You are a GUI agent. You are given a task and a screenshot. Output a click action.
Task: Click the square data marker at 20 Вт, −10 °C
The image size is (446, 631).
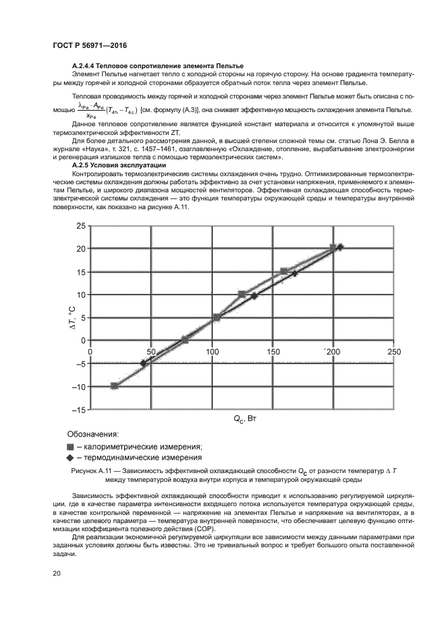click(115, 385)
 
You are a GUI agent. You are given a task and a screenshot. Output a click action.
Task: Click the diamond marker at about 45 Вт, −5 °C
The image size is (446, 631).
click(144, 363)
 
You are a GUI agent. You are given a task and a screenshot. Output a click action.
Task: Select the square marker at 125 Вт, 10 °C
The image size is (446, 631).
click(242, 294)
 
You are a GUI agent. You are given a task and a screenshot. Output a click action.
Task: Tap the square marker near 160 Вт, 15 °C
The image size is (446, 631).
click(284, 271)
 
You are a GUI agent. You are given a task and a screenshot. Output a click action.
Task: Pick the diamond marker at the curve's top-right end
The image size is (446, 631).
click(340, 247)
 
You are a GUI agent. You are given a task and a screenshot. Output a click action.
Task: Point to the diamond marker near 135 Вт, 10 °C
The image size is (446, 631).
click(254, 296)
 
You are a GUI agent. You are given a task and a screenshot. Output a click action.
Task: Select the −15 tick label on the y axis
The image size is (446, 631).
click(78, 410)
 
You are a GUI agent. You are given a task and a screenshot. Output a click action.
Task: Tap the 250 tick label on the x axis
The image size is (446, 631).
click(393, 352)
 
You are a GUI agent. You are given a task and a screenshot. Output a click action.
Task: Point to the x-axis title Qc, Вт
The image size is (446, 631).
click(245, 419)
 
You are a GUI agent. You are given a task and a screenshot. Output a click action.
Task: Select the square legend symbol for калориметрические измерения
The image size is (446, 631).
click(70, 446)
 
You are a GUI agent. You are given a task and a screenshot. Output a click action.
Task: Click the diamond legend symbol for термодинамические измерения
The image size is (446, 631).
click(70, 458)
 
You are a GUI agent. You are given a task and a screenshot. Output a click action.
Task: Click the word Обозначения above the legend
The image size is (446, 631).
click(92, 433)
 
